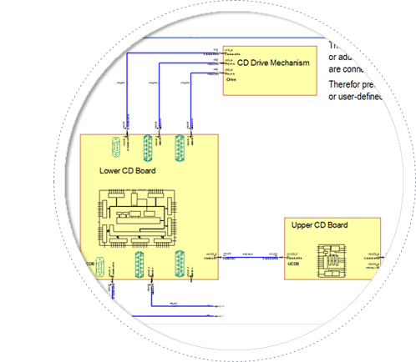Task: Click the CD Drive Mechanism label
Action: (273, 63)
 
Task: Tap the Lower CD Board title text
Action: (121, 171)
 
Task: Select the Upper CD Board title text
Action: (320, 225)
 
